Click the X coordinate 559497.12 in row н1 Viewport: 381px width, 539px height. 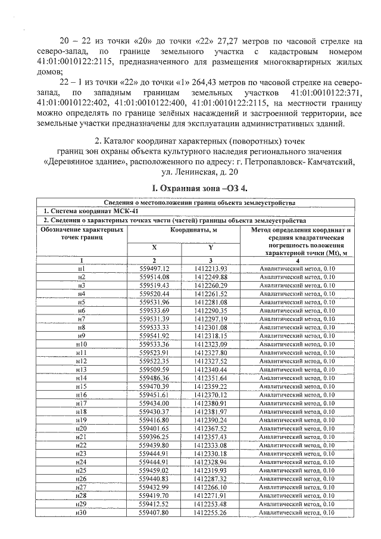(x=154, y=269)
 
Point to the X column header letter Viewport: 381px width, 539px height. (x=154, y=247)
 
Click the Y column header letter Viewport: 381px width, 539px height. (x=211, y=247)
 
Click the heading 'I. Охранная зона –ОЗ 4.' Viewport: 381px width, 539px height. (x=199, y=189)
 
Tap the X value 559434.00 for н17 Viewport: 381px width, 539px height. (x=154, y=403)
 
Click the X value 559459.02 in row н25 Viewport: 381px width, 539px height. (x=154, y=471)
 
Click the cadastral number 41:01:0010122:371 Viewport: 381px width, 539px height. (x=322, y=94)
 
